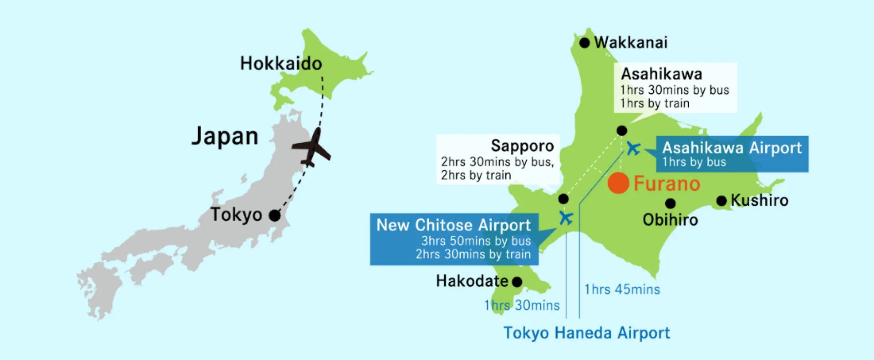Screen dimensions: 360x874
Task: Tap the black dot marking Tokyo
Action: click(x=274, y=215)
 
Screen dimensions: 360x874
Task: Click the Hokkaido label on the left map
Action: click(x=281, y=64)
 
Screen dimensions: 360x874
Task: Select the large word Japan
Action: click(x=225, y=137)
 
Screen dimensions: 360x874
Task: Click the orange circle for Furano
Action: click(x=618, y=183)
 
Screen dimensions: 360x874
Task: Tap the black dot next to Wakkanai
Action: click(x=584, y=43)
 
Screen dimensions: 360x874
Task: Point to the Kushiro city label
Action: click(x=759, y=200)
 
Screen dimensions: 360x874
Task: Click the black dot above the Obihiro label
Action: click(x=670, y=203)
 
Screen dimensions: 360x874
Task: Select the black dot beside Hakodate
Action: click(x=517, y=282)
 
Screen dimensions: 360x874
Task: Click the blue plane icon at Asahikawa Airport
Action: click(x=633, y=148)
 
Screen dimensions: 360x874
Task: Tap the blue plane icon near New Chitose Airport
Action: click(x=566, y=218)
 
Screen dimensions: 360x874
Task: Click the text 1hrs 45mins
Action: click(x=622, y=289)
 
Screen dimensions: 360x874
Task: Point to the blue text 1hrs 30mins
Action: click(x=522, y=305)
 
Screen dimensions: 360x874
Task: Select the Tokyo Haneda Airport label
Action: click(x=586, y=333)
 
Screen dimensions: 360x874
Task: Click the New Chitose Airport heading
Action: click(x=453, y=225)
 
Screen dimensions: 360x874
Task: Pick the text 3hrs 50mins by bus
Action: click(x=476, y=241)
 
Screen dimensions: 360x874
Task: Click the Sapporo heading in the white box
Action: click(x=522, y=146)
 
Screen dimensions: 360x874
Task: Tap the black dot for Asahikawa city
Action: click(x=622, y=131)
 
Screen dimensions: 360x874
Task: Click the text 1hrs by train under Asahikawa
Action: click(x=655, y=104)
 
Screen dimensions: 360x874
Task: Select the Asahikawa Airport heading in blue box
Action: click(x=732, y=148)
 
